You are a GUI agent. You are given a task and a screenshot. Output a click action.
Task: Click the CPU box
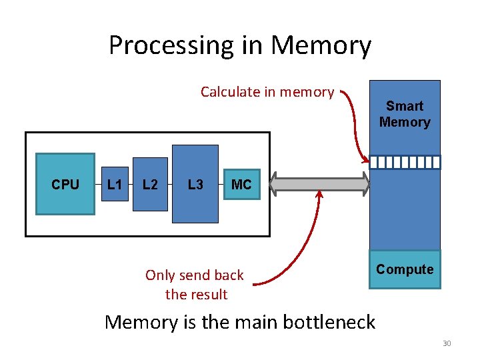pyautogui.click(x=65, y=184)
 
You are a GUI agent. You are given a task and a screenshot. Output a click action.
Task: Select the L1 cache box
pyautogui.click(x=115, y=184)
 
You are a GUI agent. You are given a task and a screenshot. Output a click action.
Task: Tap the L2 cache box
pyautogui.click(x=150, y=184)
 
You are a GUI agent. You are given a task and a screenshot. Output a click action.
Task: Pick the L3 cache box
pyautogui.click(x=195, y=184)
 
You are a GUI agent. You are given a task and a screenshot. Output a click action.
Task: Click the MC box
pyautogui.click(x=241, y=184)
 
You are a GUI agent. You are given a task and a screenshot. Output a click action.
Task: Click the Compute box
pyautogui.click(x=405, y=269)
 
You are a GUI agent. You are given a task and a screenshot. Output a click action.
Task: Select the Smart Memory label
pyautogui.click(x=405, y=114)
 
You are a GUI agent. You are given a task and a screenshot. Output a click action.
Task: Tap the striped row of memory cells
pyautogui.click(x=405, y=162)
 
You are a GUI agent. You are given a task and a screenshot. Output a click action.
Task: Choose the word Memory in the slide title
pyautogui.click(x=321, y=45)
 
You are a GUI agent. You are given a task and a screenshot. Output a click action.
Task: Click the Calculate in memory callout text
pyautogui.click(x=267, y=92)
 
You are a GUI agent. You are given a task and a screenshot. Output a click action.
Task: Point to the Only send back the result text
pyautogui.click(x=195, y=285)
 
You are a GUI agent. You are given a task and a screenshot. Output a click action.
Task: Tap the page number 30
pyautogui.click(x=446, y=343)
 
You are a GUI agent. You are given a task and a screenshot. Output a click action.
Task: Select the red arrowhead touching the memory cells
pyautogui.click(x=365, y=159)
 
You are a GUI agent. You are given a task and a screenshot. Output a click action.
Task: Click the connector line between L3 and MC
pyautogui.click(x=222, y=184)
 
